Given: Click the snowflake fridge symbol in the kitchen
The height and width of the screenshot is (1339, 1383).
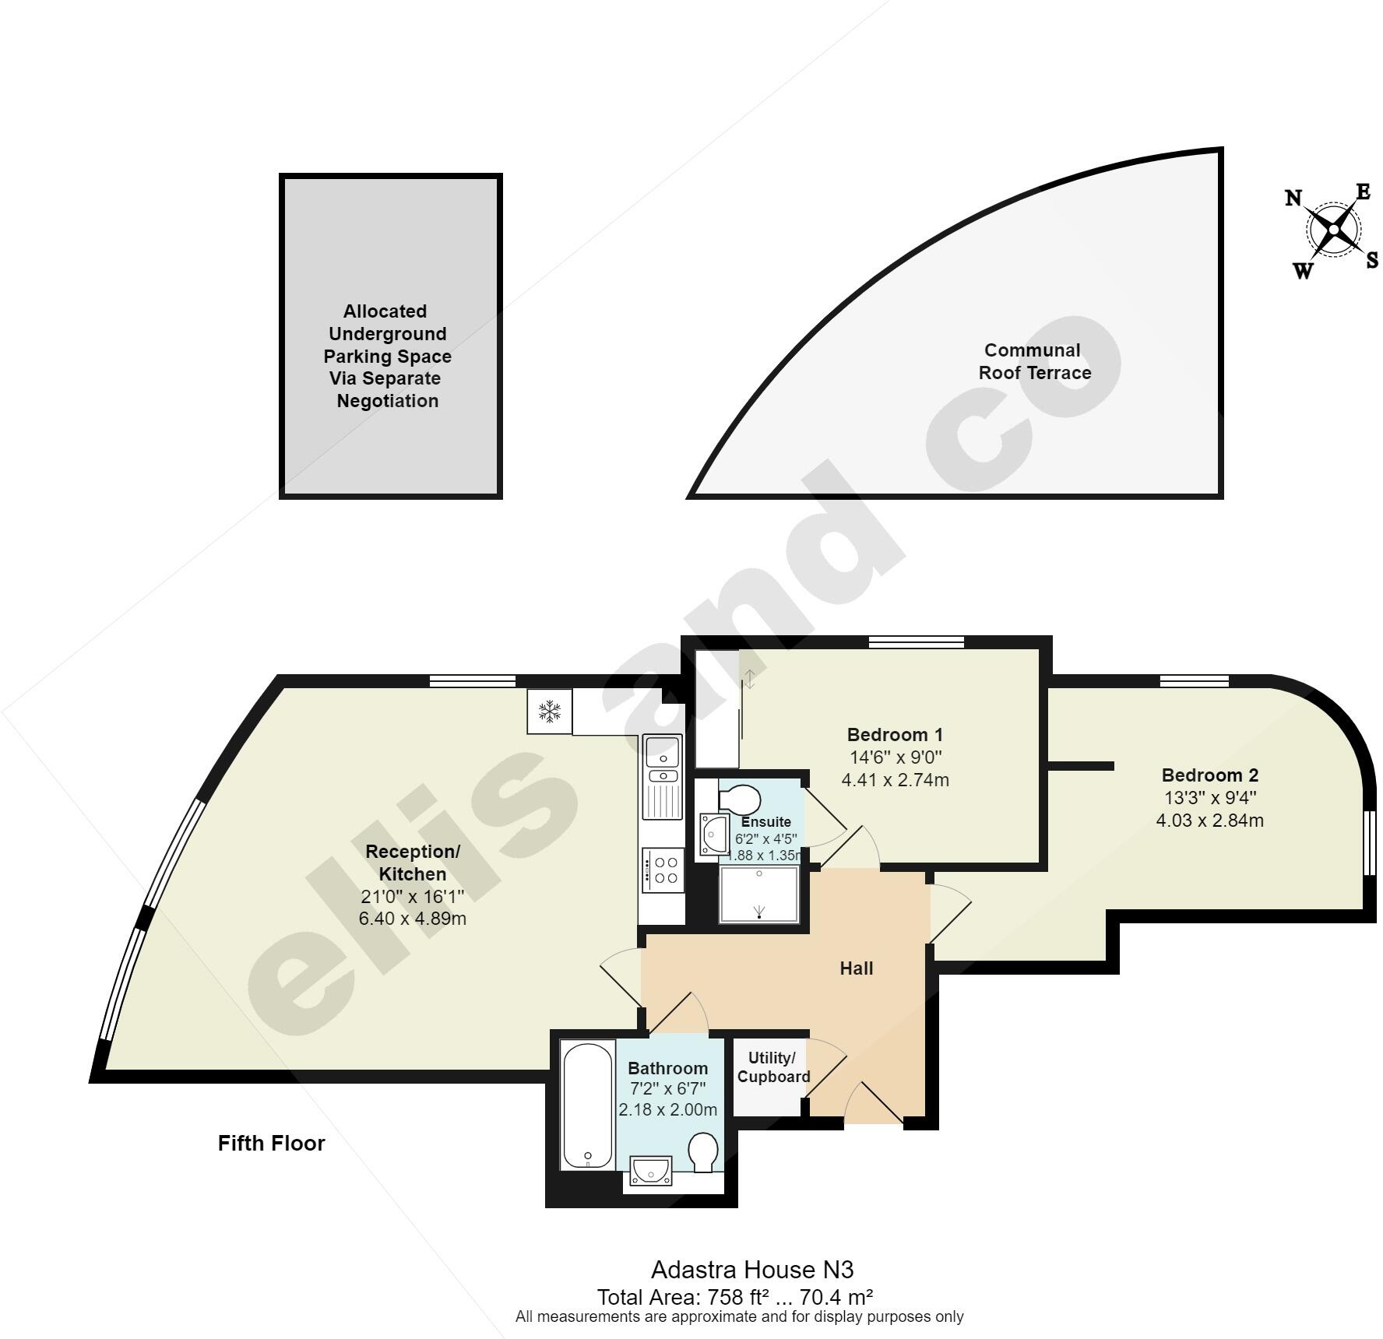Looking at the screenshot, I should [x=550, y=711].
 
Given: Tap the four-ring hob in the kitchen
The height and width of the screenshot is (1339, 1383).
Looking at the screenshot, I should [x=664, y=870].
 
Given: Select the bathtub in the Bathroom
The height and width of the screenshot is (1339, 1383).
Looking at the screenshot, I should [x=588, y=1106].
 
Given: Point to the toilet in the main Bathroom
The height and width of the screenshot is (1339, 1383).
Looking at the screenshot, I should [x=703, y=1151].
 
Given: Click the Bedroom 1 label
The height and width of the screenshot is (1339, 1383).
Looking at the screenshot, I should [x=895, y=734].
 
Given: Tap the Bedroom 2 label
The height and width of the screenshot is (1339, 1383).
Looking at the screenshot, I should [x=1209, y=775].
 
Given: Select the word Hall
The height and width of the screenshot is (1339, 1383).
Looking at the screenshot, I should [x=856, y=968].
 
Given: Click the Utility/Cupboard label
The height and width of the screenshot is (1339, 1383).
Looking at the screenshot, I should [x=773, y=1067].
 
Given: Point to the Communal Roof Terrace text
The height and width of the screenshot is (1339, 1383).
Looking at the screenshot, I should [x=1034, y=361].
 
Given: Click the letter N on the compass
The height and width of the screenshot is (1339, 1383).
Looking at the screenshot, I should [x=1293, y=198].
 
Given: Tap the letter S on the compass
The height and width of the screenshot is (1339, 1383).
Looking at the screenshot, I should [x=1372, y=260].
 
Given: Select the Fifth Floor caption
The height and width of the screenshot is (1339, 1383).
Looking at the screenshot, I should [x=271, y=1143].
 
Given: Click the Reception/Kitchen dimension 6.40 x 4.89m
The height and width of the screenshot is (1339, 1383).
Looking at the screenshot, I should [x=412, y=919].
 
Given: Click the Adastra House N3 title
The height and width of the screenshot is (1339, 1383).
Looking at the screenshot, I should [x=751, y=1270].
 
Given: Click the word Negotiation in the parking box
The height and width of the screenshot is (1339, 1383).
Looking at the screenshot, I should [x=387, y=401].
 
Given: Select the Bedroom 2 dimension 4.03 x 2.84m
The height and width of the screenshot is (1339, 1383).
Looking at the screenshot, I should [x=1209, y=820].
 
